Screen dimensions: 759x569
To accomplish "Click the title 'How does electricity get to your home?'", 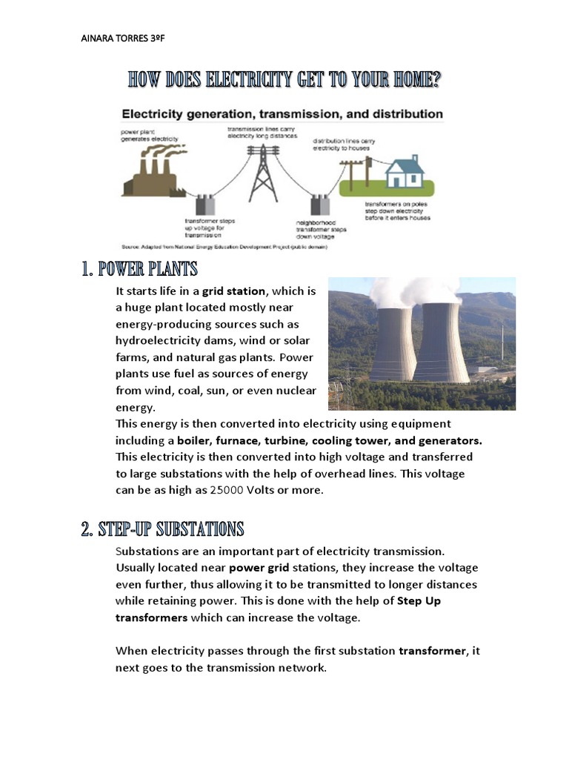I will coord(284,80).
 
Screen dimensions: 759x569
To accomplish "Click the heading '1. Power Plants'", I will coord(139,268).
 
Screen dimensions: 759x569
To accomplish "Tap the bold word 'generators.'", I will coord(438,440).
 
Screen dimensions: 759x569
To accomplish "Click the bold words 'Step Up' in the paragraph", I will coord(419,601).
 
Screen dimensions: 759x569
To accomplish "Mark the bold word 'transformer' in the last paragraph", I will coord(433,651).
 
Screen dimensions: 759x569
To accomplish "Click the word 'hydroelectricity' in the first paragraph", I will coord(159,340).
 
